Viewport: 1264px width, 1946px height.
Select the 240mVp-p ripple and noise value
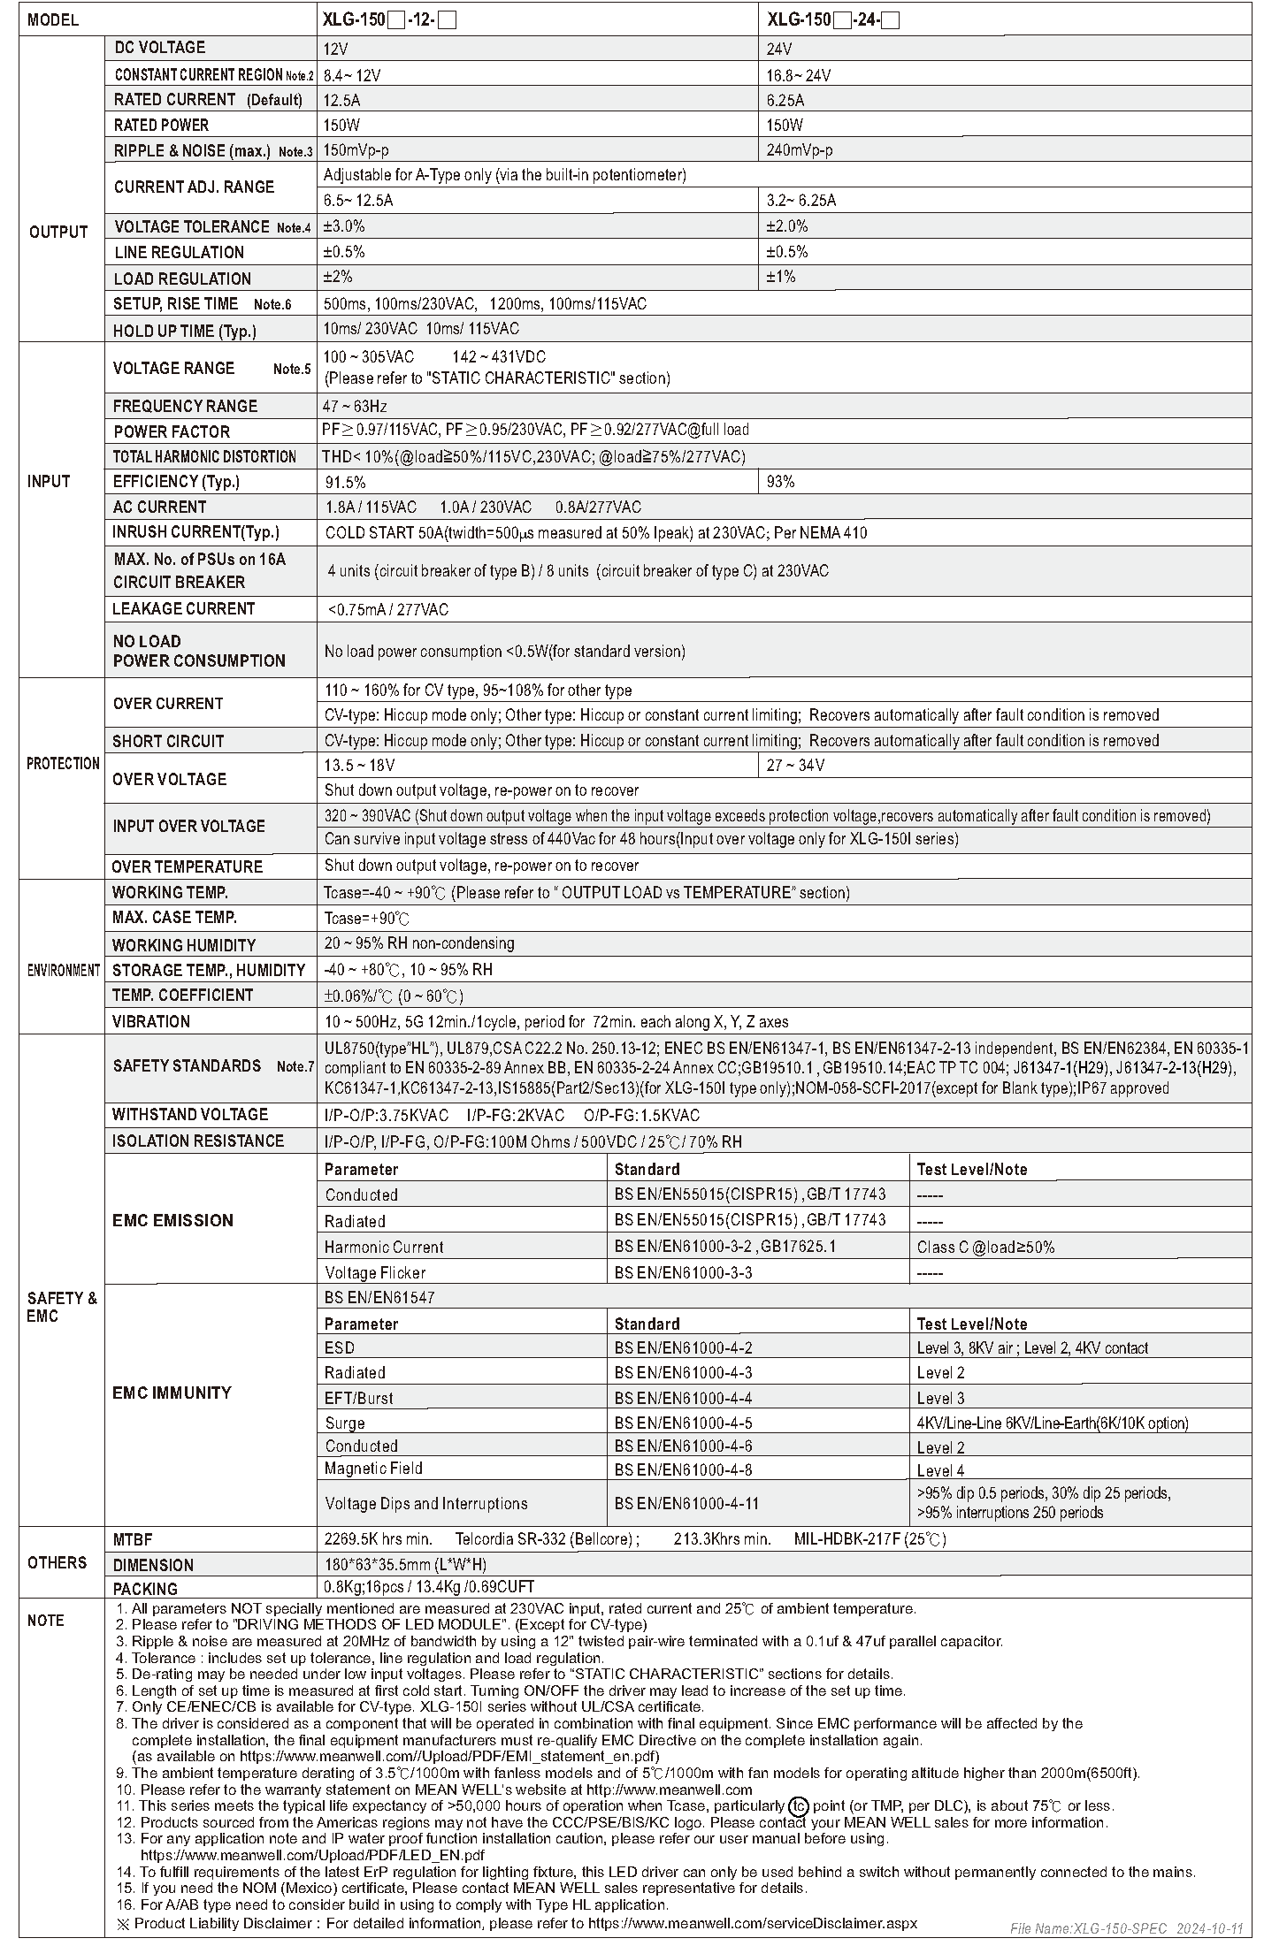(799, 150)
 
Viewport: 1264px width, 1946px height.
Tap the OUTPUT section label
(58, 232)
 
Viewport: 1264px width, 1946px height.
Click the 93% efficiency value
(780, 482)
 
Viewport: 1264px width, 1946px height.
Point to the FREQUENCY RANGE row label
(185, 406)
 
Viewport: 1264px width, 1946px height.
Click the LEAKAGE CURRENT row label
(183, 608)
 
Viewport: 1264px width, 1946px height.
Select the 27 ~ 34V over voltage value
(795, 765)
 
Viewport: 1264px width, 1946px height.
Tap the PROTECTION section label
(63, 763)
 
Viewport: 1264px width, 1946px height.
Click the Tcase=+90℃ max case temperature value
(366, 918)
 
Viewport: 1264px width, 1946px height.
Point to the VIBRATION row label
(151, 1021)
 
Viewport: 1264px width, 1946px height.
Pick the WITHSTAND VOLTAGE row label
(190, 1114)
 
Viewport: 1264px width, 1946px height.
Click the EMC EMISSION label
(172, 1220)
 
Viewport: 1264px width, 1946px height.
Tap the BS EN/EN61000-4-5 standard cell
(683, 1423)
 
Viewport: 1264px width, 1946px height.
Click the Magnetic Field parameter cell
(373, 1468)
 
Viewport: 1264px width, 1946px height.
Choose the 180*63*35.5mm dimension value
(405, 1564)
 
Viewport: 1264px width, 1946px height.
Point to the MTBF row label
(133, 1539)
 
